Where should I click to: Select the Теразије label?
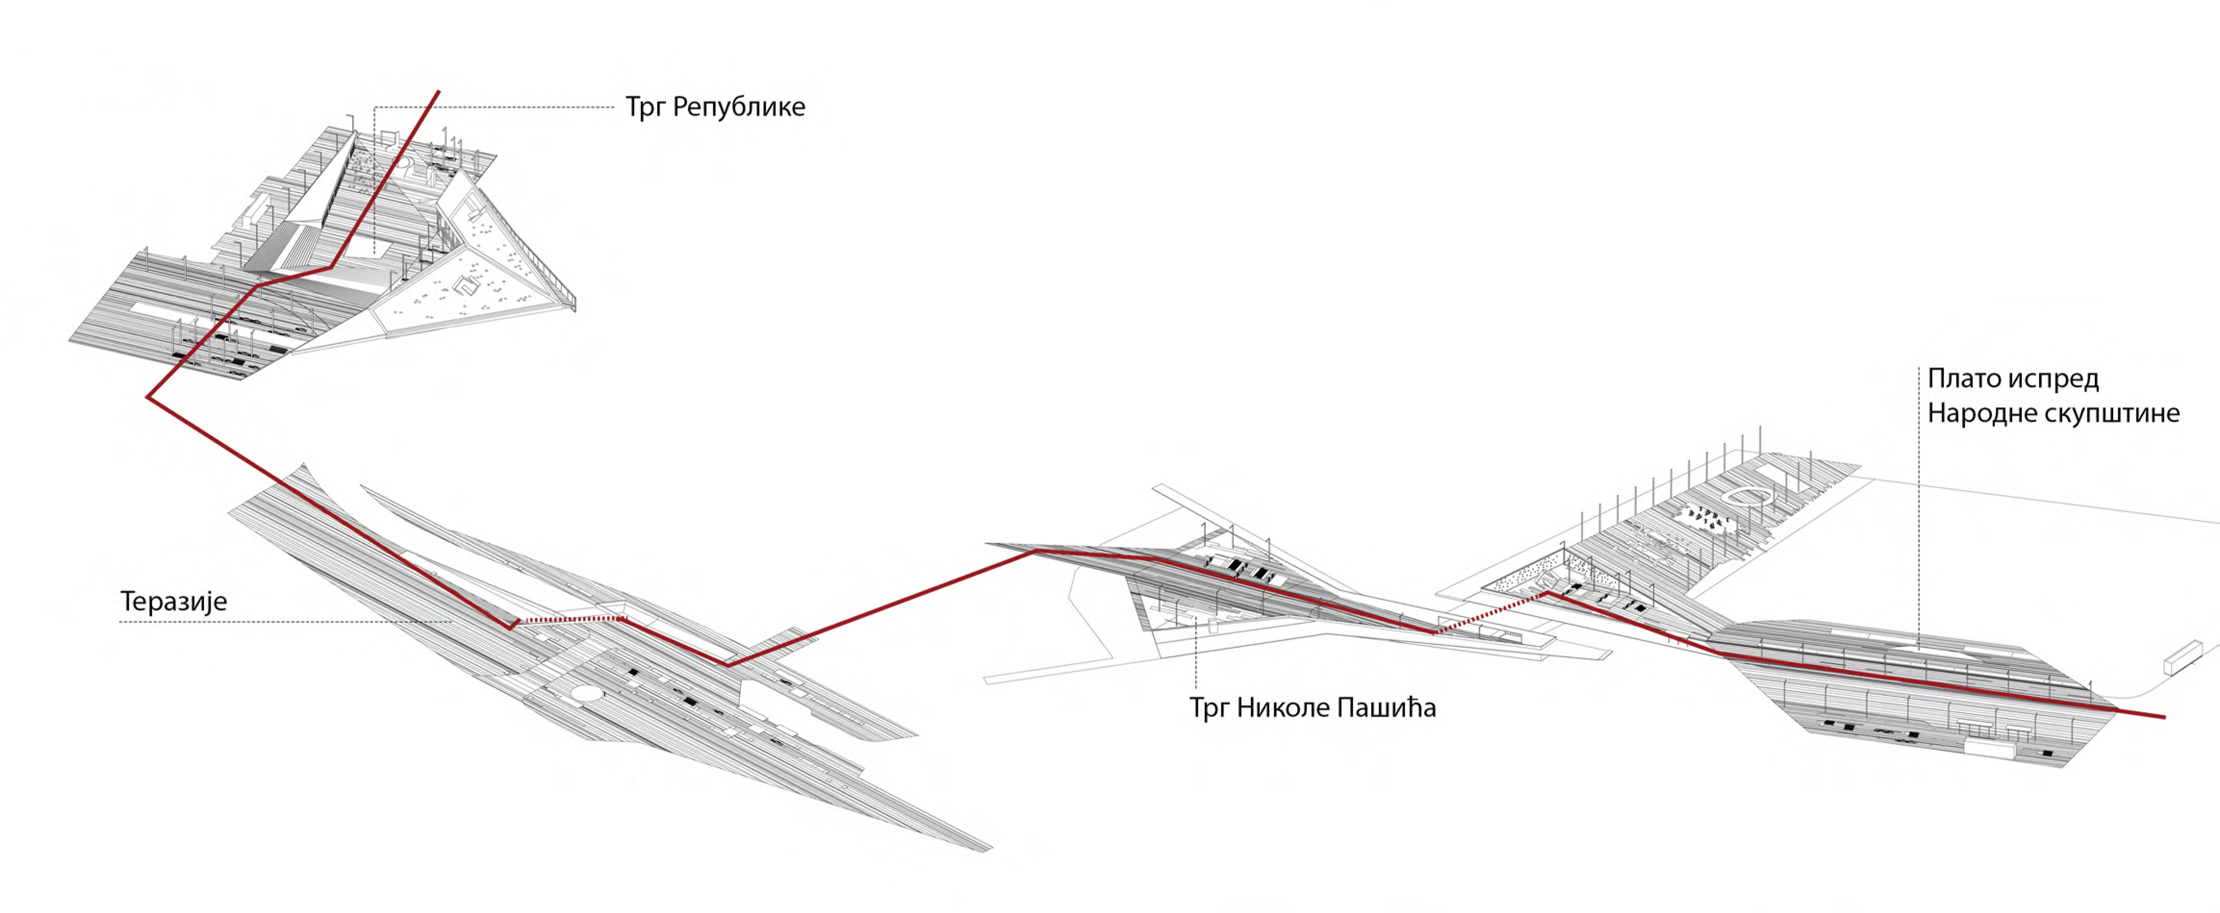[x=173, y=601]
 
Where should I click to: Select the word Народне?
[x=1978, y=413]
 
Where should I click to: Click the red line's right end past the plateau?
[x=2163, y=717]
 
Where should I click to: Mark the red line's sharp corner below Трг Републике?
[x=149, y=397]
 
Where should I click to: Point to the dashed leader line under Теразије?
[x=284, y=621]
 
